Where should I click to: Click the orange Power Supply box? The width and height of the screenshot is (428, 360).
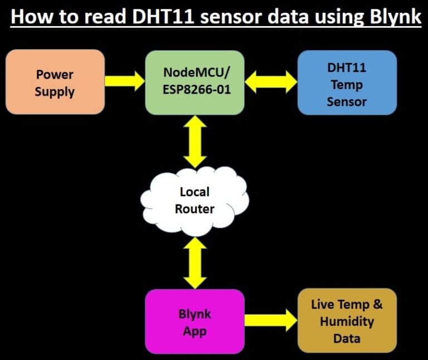(55, 82)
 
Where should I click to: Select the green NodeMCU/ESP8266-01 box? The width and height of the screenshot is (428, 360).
(195, 82)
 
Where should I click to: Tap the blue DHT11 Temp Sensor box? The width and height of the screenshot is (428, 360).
(347, 82)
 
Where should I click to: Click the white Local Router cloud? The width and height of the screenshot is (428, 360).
(194, 201)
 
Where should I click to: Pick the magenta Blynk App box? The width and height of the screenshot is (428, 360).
(194, 322)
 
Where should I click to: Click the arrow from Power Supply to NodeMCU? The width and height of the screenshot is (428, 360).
(124, 81)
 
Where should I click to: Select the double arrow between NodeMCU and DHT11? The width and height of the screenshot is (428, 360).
(271, 82)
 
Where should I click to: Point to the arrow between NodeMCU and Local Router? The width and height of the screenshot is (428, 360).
(194, 142)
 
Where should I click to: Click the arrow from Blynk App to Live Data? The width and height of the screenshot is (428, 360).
(271, 320)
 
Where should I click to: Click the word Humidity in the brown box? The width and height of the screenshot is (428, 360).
(347, 322)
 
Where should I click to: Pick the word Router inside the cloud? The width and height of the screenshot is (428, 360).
(194, 209)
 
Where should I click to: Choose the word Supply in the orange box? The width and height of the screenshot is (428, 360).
(55, 91)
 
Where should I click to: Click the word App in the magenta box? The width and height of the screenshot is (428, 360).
(194, 331)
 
